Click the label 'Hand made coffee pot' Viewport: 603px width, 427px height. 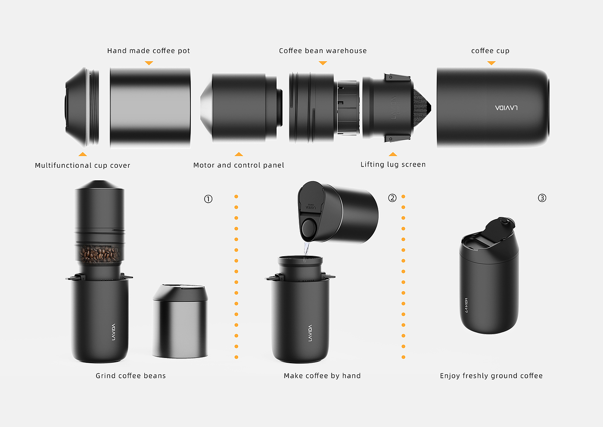coord(148,51)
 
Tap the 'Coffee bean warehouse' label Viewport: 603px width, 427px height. coord(323,51)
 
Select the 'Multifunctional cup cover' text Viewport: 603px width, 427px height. coord(82,165)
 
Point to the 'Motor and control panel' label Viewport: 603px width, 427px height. coord(239,165)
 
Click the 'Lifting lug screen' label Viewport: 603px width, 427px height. coord(393,164)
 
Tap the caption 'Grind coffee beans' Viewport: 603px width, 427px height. coord(131,376)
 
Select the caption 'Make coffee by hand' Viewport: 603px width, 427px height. coord(322,376)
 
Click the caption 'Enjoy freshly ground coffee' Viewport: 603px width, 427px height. coord(491,376)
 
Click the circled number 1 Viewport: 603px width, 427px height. coord(208,199)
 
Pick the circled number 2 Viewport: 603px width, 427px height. coord(392,198)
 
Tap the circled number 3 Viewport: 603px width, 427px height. coord(542,198)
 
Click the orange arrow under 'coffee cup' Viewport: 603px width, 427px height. coord(491,63)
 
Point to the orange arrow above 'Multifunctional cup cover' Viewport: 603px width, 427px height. coord(83,154)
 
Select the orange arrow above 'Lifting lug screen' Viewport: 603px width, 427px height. coord(393,154)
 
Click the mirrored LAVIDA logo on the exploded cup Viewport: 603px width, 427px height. coord(506,108)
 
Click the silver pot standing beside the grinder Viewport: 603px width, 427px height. coord(180,321)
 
